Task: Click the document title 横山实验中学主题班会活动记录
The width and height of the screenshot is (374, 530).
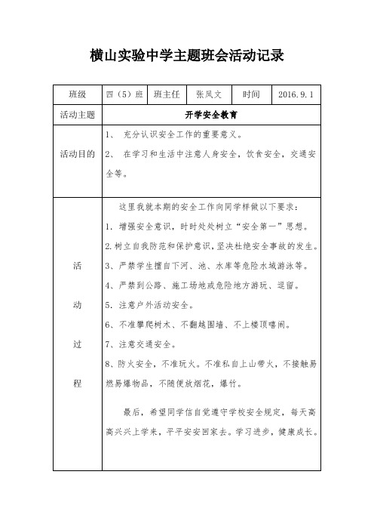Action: click(187, 56)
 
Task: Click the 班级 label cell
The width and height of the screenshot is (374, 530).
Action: click(77, 95)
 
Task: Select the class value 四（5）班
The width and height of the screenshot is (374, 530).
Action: click(124, 95)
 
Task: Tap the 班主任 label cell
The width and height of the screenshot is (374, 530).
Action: click(166, 95)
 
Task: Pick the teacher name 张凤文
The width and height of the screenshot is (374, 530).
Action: click(208, 95)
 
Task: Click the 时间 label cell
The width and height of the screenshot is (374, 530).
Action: click(251, 95)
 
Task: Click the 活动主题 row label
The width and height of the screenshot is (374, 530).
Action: click(77, 116)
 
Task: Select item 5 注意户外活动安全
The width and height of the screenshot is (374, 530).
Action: click(148, 306)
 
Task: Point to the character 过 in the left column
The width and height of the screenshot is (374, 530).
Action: click(77, 345)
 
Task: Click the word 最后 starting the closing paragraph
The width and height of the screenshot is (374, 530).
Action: click(131, 413)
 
